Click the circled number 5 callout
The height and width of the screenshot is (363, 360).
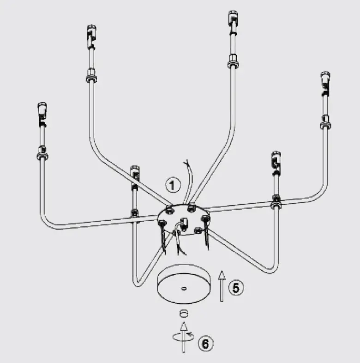click(236, 287)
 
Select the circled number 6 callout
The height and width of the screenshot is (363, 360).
click(206, 343)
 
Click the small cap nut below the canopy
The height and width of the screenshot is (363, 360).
click(184, 313)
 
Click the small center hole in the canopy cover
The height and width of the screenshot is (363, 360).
click(184, 289)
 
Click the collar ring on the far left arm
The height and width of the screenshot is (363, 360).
click(42, 153)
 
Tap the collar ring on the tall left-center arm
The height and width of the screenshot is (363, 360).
click(90, 76)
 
